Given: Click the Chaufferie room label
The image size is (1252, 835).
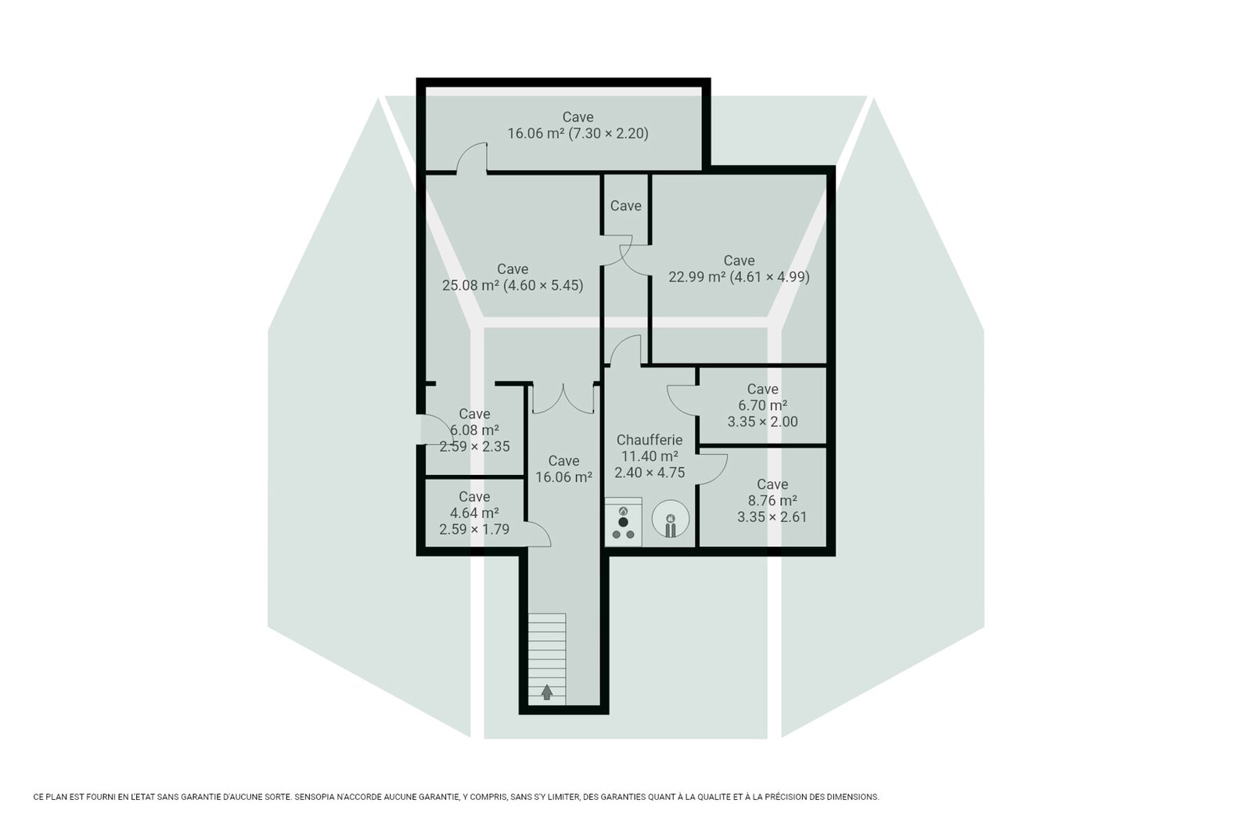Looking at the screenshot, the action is (x=649, y=440).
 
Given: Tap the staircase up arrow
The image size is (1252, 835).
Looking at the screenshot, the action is (x=547, y=693).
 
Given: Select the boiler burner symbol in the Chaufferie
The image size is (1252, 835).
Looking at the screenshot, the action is (x=623, y=521).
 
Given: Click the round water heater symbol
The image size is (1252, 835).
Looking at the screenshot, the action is (x=670, y=519).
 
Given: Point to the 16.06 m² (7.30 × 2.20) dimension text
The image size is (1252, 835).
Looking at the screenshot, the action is (x=577, y=134).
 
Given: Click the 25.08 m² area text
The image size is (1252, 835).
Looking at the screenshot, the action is (x=470, y=286).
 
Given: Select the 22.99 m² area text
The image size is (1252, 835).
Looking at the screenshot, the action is (x=696, y=277).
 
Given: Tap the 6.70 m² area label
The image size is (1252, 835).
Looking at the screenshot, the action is (x=762, y=405).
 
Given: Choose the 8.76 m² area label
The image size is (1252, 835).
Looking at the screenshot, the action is (x=772, y=500).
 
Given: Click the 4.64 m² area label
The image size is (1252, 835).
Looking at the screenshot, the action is (x=474, y=513).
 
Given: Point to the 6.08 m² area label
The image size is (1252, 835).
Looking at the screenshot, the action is (x=474, y=430).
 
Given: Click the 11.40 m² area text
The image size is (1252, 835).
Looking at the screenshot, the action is (x=649, y=456).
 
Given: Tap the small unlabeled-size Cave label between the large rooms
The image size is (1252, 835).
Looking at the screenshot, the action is (x=625, y=207).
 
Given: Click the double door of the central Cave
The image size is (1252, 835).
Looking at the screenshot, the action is (x=563, y=399).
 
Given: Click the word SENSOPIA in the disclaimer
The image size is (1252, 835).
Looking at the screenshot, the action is (x=315, y=797).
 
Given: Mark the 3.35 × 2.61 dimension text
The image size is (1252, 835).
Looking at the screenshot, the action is (x=772, y=517).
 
